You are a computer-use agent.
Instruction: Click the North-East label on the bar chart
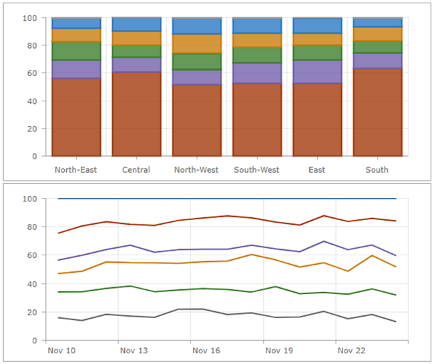coord(76,169)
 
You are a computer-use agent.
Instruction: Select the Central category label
coord(136,169)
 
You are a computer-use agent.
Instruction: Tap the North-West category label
coord(196,169)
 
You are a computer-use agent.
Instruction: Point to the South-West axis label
coord(256,169)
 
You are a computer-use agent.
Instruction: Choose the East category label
coord(317,169)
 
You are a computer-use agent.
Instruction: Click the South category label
coord(377,169)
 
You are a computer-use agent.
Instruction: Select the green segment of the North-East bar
coord(76,51)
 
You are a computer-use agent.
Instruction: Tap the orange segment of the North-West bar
coord(196,43)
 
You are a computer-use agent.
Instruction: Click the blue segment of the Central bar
coord(136,25)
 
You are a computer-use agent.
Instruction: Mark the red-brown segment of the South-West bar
coord(256,119)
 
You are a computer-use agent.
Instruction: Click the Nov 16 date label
coord(206,350)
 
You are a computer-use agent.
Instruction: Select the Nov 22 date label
coord(351,350)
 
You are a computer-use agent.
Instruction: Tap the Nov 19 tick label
coord(278,350)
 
